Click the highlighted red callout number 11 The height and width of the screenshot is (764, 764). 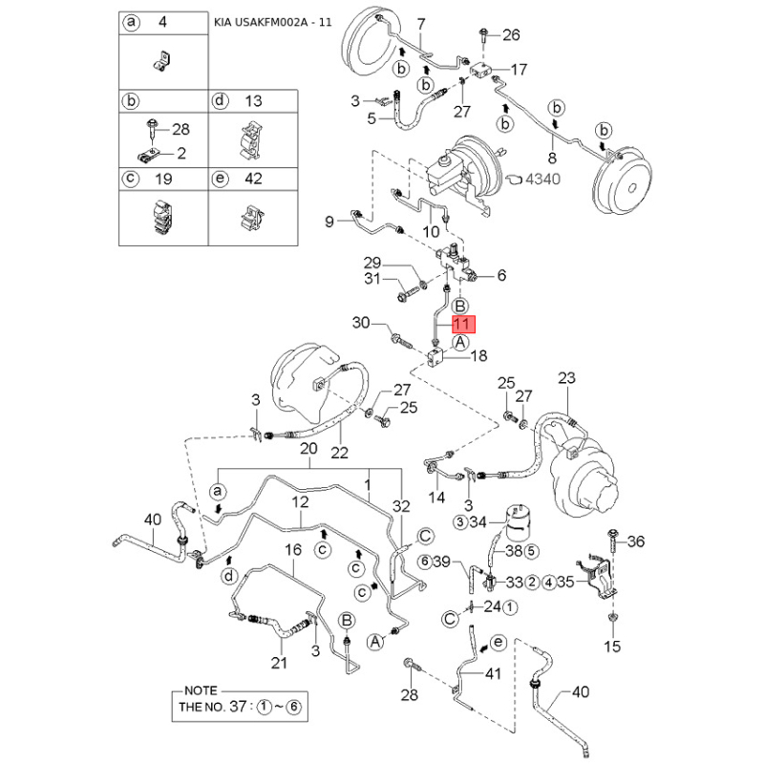tap(461, 324)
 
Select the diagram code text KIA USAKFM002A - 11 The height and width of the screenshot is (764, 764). tap(273, 22)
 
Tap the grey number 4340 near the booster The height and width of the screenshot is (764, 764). tap(542, 180)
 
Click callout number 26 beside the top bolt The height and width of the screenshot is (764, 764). tap(511, 35)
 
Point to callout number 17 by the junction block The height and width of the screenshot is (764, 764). tap(519, 70)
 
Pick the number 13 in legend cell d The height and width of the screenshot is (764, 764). tap(253, 101)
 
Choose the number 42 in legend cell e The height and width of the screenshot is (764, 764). tap(253, 179)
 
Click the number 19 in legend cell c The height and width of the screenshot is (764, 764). tap(163, 179)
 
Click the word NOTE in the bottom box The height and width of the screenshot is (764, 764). tap(201, 690)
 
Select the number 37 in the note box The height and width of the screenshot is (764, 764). tap(238, 706)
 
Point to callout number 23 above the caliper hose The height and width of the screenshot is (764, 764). tap(566, 378)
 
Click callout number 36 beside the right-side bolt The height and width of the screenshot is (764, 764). tap(635, 541)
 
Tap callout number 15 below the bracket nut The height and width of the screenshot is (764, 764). tap(612, 647)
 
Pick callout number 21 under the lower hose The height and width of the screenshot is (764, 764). tap(279, 663)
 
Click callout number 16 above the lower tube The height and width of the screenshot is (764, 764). tap(293, 550)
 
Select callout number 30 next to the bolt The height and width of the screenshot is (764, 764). tap(361, 323)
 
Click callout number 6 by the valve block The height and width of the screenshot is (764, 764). tap(501, 276)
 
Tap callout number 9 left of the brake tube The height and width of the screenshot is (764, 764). tap(329, 223)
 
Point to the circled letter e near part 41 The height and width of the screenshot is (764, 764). tap(498, 642)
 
